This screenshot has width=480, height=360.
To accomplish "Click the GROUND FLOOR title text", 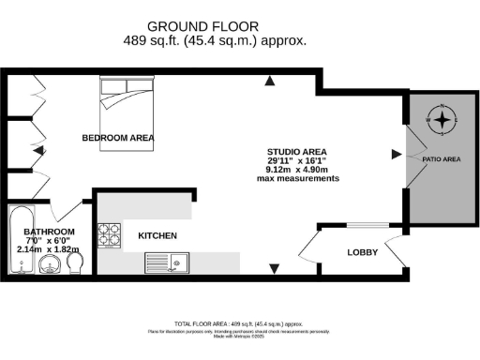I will (215, 26).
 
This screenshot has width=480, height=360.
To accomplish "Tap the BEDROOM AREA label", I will (118, 138).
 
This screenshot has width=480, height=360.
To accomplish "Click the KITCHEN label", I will (157, 235).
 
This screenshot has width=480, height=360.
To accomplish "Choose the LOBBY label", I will (362, 252).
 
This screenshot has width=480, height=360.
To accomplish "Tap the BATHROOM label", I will (49, 232).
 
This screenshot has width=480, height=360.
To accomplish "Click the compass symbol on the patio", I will (442, 119).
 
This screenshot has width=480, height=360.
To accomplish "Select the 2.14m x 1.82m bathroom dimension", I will (49, 249).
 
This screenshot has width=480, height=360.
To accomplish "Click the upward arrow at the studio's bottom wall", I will (274, 270).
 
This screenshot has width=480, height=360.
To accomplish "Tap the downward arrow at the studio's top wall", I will (270, 81).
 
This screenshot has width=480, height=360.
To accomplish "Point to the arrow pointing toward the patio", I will (385, 153).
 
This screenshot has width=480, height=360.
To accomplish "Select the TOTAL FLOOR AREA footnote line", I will (240, 322).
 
